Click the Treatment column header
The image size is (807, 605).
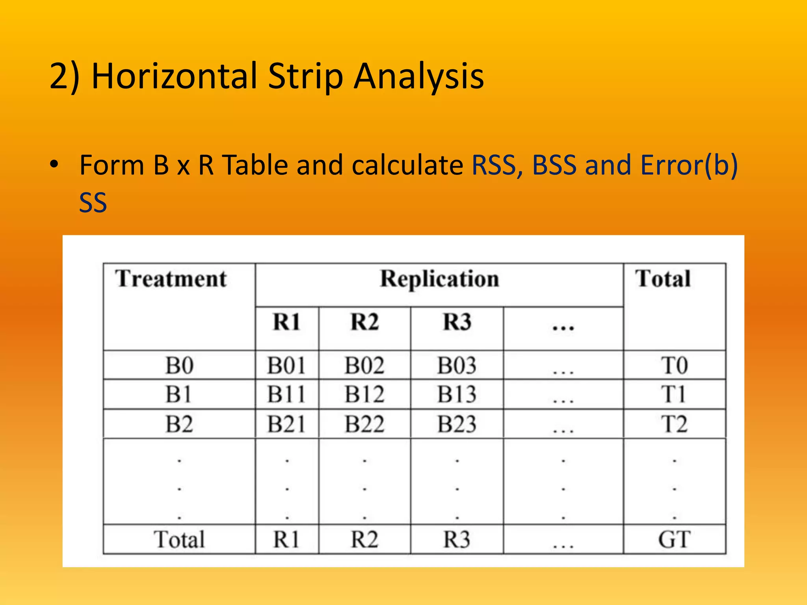click(171, 279)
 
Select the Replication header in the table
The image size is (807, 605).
click(439, 279)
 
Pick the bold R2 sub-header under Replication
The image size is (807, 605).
click(364, 322)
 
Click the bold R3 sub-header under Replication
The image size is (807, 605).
click(457, 322)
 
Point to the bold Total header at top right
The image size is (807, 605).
click(663, 279)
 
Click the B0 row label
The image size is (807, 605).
click(179, 365)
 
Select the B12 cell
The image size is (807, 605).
click(364, 394)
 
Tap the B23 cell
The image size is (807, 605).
click(457, 424)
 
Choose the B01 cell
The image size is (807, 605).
click(286, 365)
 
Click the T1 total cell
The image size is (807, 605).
click(674, 394)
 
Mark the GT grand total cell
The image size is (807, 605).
click(674, 539)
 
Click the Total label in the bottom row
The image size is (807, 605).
click(179, 539)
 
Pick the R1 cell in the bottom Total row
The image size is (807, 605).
click(286, 539)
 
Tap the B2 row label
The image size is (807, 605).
click(179, 424)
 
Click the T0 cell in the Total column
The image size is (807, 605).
click(674, 365)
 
